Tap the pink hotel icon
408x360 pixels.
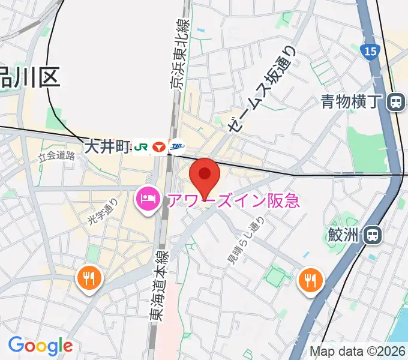[x=148, y=198]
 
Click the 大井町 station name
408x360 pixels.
[x=107, y=146]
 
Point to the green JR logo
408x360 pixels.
[x=141, y=146]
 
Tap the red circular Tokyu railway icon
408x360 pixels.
[x=159, y=146]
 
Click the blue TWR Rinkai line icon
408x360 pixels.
[x=177, y=146]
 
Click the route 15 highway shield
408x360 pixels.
[x=370, y=52]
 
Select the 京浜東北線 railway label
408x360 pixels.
[x=181, y=54]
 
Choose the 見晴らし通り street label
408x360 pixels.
[x=244, y=240]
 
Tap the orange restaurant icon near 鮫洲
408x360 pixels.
[x=310, y=279]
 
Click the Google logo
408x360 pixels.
[x=40, y=346]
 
